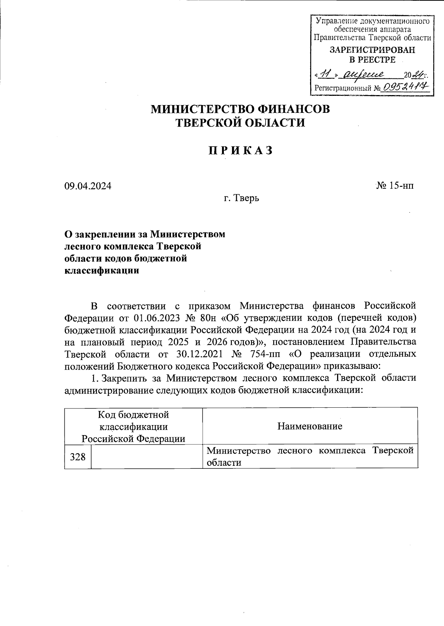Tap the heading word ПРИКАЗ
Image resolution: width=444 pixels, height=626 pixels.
[x=240, y=151]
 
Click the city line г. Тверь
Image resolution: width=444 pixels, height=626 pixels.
[x=241, y=198]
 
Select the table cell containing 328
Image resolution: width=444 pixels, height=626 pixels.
[x=78, y=457]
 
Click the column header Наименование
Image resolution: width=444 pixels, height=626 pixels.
[x=310, y=426]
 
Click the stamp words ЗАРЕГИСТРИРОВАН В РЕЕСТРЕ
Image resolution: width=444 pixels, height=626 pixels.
[x=372, y=55]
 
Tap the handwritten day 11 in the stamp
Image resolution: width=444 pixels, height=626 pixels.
[x=326, y=75]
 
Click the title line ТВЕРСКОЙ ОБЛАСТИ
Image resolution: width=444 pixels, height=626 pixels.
[x=240, y=123]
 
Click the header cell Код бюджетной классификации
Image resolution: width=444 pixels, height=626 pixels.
[x=134, y=426]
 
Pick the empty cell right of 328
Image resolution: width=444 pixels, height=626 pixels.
[x=147, y=457]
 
